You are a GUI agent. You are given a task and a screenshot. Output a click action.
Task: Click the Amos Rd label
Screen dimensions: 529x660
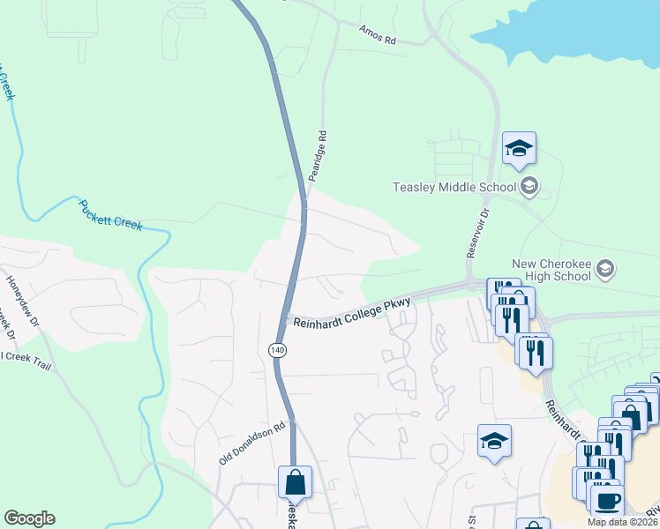pyautogui.click(x=379, y=34)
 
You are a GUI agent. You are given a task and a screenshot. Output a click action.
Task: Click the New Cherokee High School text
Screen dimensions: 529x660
pyautogui.click(x=551, y=270)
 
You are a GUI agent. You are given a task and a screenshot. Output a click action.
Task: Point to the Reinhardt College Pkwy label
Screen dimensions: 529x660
pyautogui.click(x=352, y=314)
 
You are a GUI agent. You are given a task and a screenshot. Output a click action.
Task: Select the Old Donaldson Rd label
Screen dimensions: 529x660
pyautogui.click(x=252, y=443)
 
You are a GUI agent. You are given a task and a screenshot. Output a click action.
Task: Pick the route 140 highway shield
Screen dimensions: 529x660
pyautogui.click(x=278, y=350)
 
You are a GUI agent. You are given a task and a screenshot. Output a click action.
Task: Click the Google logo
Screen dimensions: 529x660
pyautogui.click(x=29, y=518)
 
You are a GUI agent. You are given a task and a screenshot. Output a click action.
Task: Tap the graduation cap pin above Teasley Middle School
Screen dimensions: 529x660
pyautogui.click(x=520, y=149)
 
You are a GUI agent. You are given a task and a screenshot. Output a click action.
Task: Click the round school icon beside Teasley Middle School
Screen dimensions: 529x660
pyautogui.click(x=529, y=185)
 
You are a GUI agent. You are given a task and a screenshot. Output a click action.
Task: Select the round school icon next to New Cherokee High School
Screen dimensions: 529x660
pyautogui.click(x=605, y=268)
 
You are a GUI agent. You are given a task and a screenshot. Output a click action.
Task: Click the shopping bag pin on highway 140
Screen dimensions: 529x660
pyautogui.click(x=295, y=482)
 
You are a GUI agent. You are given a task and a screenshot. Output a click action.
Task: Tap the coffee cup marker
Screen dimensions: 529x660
pyautogui.click(x=607, y=501)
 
